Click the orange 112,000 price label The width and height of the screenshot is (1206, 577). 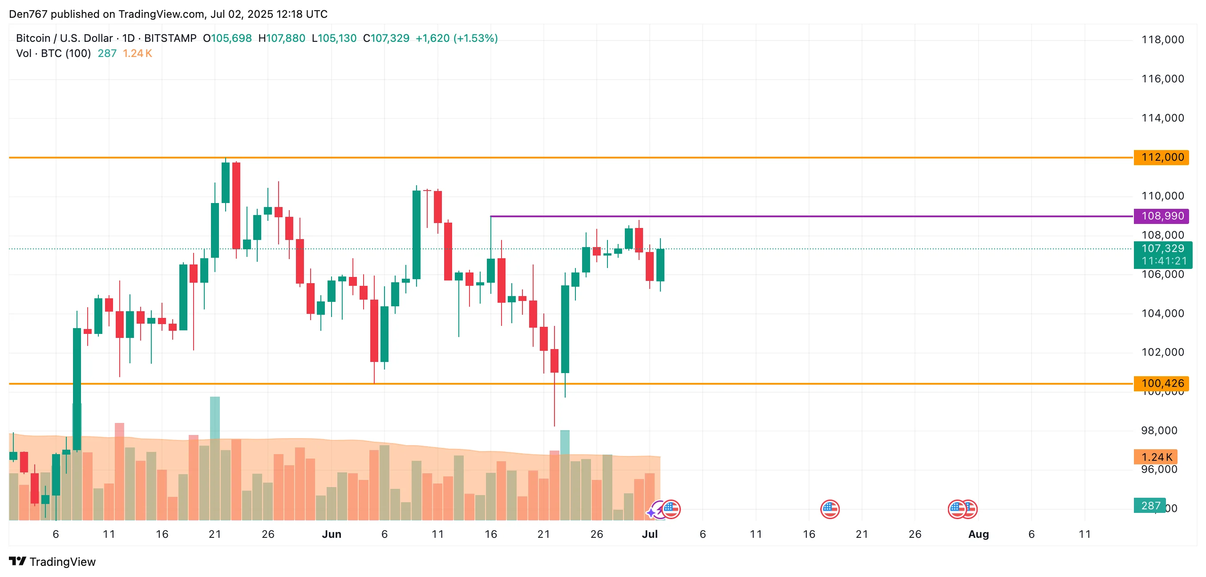(1161, 157)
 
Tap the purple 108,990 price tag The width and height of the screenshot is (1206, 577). (1161, 216)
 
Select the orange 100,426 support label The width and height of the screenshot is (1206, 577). (1161, 383)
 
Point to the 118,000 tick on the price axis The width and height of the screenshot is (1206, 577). (1162, 40)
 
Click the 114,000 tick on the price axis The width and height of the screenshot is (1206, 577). (1162, 118)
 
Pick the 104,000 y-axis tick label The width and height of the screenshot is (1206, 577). (1162, 313)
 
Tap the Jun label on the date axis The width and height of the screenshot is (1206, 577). (332, 534)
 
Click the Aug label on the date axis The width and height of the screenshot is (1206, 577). (978, 534)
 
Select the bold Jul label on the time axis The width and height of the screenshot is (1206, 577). (649, 534)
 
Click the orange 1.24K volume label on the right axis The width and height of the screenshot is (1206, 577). (1155, 457)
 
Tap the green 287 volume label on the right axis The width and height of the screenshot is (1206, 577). (1149, 505)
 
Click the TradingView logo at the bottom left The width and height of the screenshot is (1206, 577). (53, 561)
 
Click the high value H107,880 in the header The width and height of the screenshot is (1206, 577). (282, 38)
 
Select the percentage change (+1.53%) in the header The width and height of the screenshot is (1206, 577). (476, 38)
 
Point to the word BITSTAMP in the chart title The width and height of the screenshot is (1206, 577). (170, 38)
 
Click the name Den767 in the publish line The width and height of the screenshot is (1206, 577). (28, 14)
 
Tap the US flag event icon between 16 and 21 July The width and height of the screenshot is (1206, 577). (830, 509)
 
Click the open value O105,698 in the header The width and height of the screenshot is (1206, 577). (227, 38)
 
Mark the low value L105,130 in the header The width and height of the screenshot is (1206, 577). (334, 38)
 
